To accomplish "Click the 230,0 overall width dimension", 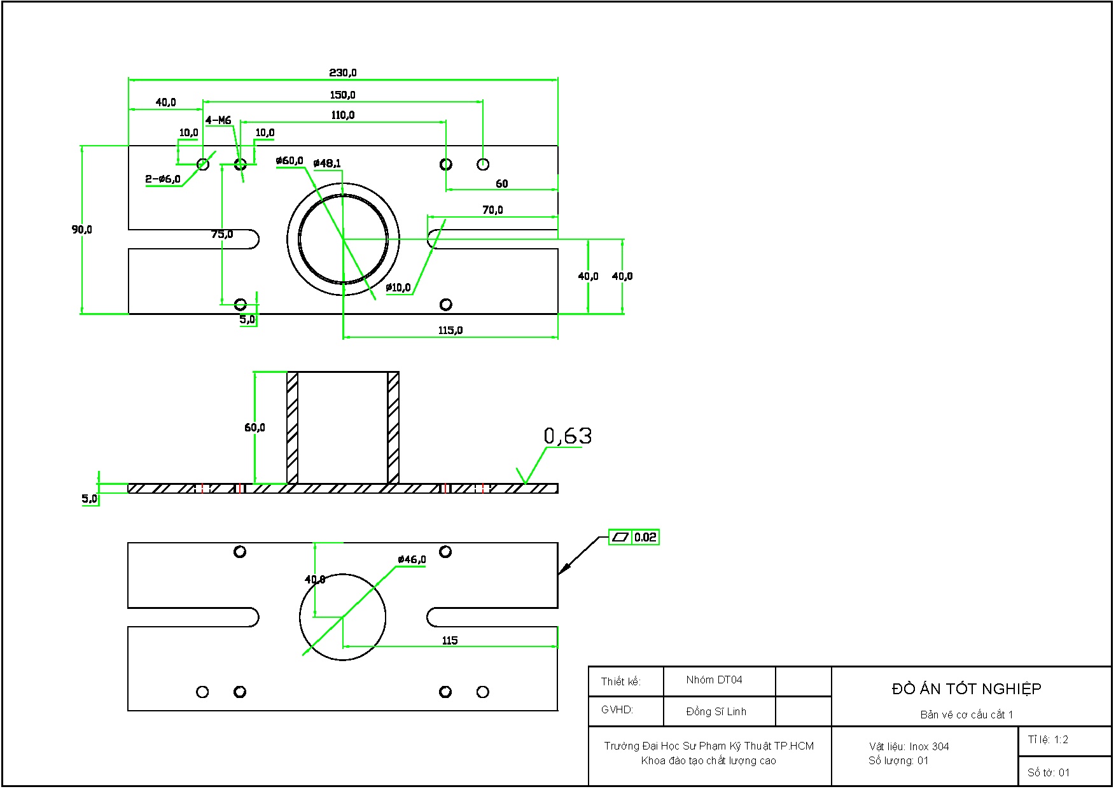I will click(342, 73).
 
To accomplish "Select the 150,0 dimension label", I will click(342, 95).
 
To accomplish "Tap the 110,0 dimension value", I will click(342, 115).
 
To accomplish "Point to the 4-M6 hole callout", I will click(218, 120).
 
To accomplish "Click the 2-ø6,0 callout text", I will click(163, 179).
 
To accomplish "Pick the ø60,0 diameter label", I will click(289, 161).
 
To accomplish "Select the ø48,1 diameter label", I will click(327, 164).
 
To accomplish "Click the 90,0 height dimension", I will click(82, 229).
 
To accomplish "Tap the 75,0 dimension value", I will click(222, 234).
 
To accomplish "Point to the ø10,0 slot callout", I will click(398, 288).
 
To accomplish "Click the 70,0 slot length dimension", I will click(492, 209).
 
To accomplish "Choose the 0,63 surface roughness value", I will click(568, 436).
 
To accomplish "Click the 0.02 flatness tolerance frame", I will click(634, 537).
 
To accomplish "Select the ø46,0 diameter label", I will click(412, 559).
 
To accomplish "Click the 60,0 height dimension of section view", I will click(255, 428).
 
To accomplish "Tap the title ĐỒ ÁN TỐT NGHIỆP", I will click(966, 689).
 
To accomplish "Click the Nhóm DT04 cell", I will click(714, 680).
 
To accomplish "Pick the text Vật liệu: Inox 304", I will click(909, 746).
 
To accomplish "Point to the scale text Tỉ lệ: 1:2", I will click(1048, 739).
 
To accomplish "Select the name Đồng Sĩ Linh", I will click(716, 711).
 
